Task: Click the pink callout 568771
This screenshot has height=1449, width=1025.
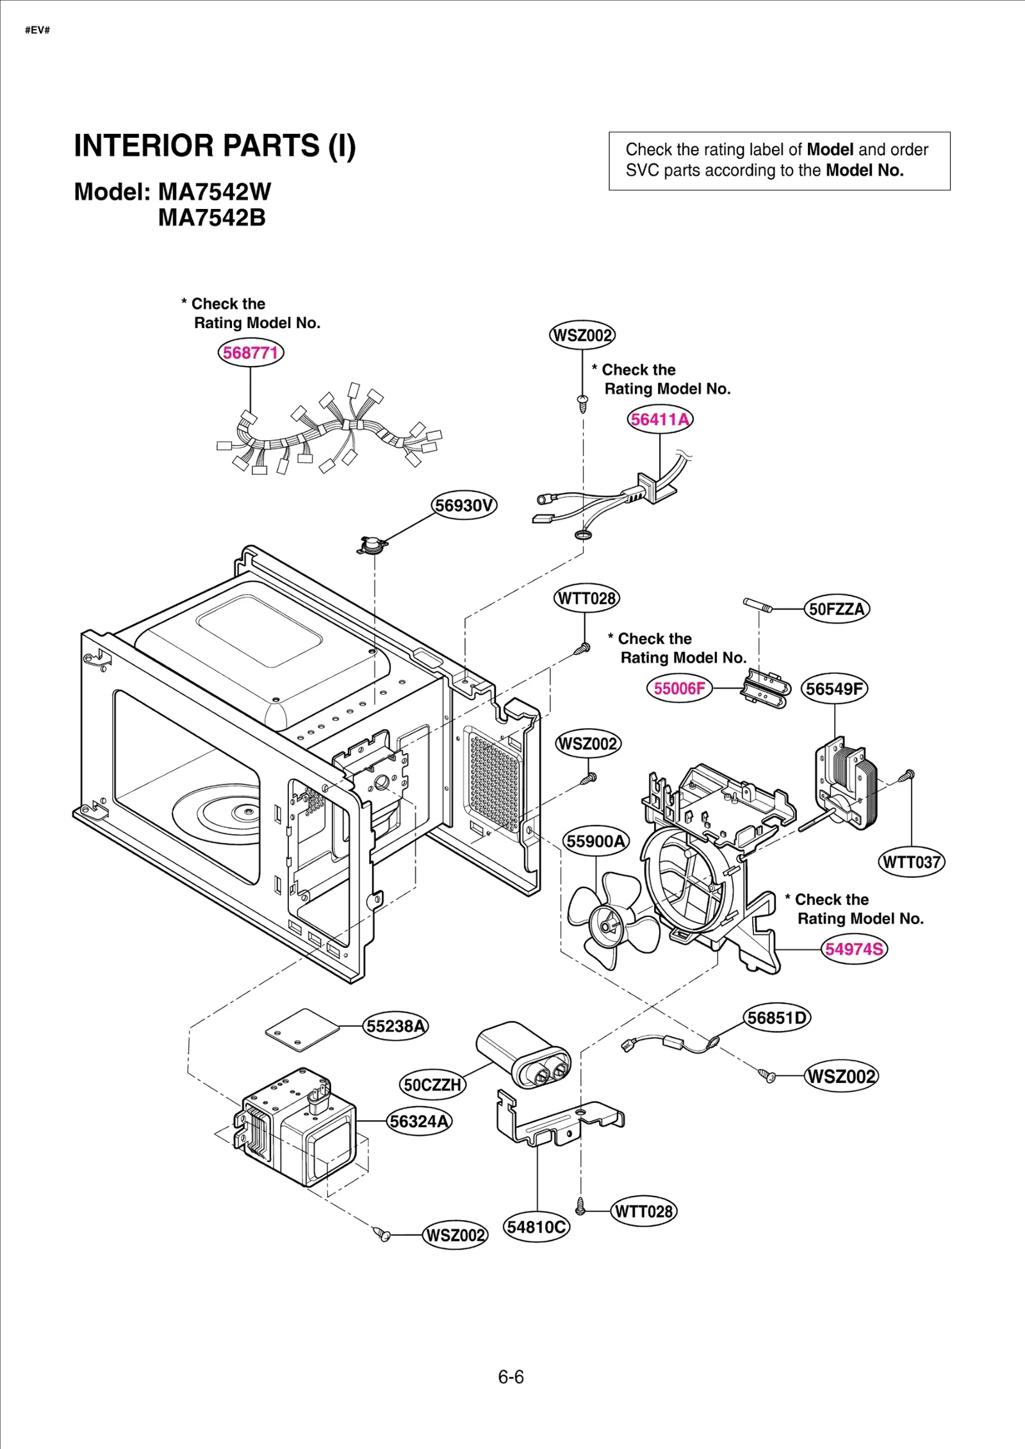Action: coord(250,352)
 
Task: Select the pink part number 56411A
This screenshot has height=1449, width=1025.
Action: coord(660,419)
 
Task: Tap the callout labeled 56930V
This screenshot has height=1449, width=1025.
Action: coord(464,505)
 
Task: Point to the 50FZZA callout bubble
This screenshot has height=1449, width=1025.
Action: coord(837,609)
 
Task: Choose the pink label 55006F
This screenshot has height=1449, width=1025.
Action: coord(679,688)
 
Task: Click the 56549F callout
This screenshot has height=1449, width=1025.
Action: coord(834,689)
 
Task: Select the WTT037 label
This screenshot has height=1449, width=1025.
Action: coord(911,862)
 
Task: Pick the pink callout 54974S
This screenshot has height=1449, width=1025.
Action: coord(854,949)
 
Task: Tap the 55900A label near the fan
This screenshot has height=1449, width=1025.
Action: coord(596,841)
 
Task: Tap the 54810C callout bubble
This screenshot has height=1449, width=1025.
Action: coord(536,1227)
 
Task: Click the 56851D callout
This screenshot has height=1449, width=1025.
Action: coord(777,1018)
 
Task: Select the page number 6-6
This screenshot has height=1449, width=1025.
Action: coord(511,1377)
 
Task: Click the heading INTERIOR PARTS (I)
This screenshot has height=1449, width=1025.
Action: coord(215,146)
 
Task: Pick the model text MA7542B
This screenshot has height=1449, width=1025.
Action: coord(211,218)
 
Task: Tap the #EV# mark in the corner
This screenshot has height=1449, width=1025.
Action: coord(37,30)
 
